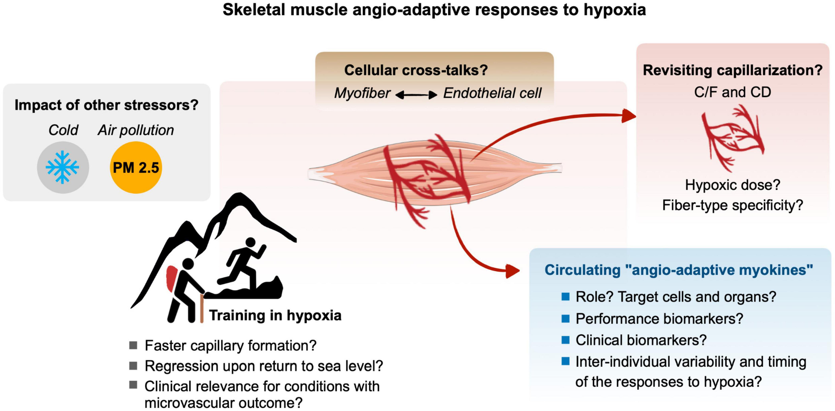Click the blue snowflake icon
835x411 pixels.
[x=62, y=167]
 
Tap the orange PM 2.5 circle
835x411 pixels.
[x=136, y=167]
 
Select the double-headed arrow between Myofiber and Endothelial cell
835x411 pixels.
[x=416, y=95]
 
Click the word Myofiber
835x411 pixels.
[x=362, y=93]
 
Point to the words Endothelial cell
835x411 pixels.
[x=492, y=93]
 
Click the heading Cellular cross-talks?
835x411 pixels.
[x=416, y=70]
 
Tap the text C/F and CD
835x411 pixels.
[x=732, y=92]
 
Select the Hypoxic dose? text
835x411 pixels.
[x=732, y=185]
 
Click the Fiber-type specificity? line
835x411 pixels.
[x=732, y=205]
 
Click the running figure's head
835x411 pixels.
[x=250, y=242]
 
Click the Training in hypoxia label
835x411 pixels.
[x=275, y=315]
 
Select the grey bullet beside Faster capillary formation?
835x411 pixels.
[x=133, y=345]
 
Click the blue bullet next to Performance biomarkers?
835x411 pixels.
[x=565, y=318]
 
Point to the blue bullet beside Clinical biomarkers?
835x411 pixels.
[x=565, y=340]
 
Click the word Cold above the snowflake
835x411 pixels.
[x=63, y=130]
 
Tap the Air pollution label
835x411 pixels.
[x=136, y=130]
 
